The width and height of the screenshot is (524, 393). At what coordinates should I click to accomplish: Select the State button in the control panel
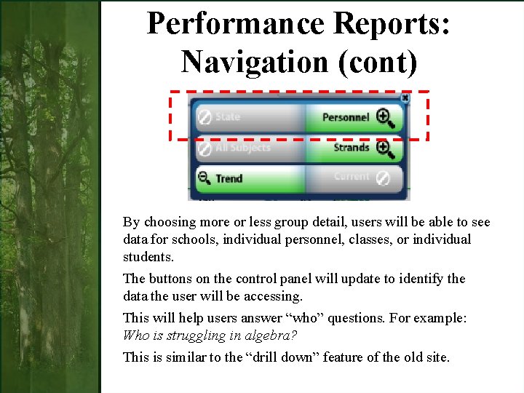[228, 116]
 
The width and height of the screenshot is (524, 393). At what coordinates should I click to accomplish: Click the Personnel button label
[346, 117]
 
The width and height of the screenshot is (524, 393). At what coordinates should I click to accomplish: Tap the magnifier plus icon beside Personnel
[384, 117]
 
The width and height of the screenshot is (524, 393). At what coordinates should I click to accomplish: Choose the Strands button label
[352, 148]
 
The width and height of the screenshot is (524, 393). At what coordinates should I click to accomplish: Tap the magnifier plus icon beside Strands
[384, 148]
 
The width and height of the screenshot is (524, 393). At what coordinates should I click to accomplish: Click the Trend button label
[229, 178]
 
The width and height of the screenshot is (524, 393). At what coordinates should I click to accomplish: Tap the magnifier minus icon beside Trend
[205, 178]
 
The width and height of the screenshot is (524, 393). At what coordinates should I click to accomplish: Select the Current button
[352, 177]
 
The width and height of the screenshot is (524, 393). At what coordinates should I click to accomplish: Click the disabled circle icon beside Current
[384, 178]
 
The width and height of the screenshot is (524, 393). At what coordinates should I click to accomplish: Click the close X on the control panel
[405, 98]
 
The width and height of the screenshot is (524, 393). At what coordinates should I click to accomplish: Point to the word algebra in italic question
[275, 336]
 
